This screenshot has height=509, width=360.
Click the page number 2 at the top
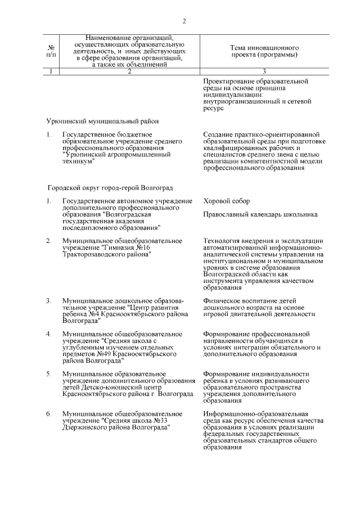pos(184,22)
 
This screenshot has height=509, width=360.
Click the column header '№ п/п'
pos(51,51)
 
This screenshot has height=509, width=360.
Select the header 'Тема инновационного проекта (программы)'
pos(264,51)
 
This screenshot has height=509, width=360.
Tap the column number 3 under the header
pos(264,71)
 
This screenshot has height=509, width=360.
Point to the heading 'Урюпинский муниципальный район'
pos(102,121)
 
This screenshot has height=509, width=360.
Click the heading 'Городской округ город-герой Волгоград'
pos(110,187)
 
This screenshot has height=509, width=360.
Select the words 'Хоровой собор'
pos(227,201)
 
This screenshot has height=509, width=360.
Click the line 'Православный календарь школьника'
pos(260,214)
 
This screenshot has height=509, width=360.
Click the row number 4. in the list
pos(49,334)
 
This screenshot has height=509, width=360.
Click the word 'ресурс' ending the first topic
pos(214,108)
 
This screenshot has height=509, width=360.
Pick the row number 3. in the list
pos(49,300)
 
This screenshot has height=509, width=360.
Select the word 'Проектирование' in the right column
pos(229,81)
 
